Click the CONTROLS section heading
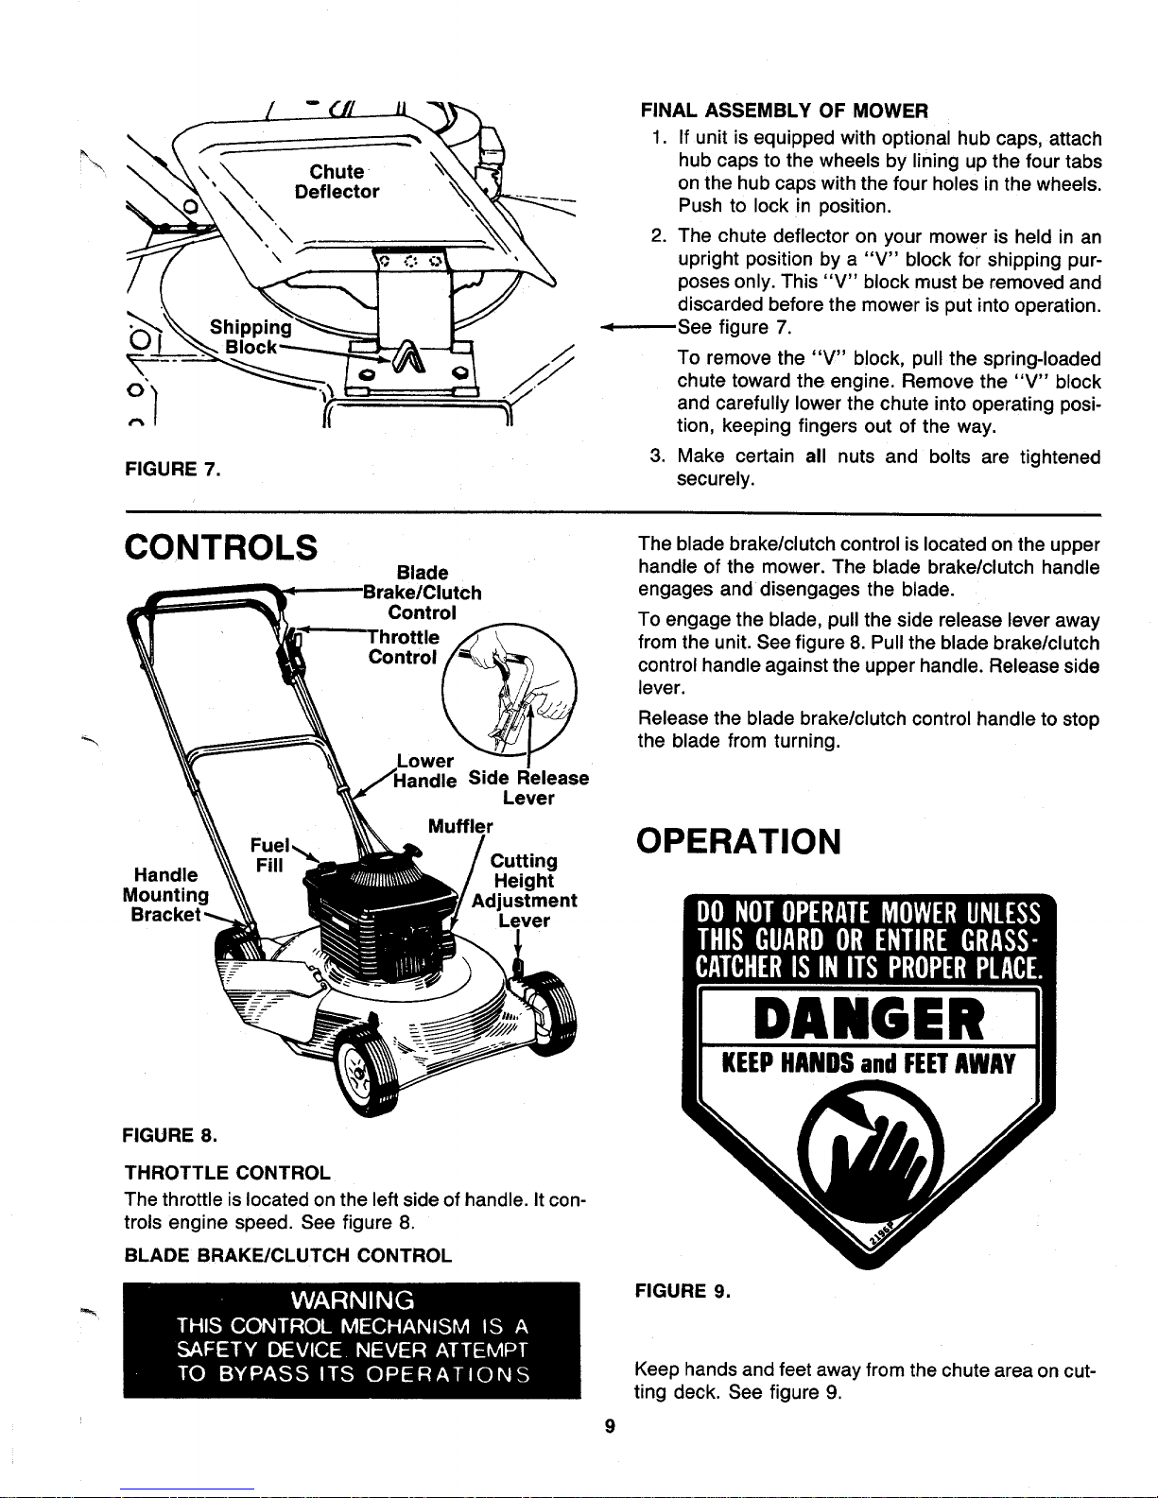pos(220,547)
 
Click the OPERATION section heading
pos(738,841)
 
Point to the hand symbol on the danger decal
pos(870,1152)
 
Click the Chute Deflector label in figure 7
pos(337,181)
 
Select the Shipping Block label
pos(251,336)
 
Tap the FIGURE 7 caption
pos(172,469)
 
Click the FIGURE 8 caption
pos(169,1135)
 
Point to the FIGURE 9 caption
pos(683,1290)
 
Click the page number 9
pos(610,1426)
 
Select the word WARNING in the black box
pos(353,1300)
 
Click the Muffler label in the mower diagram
pos(460,826)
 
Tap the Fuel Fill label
pos(269,854)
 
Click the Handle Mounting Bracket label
pos(165,894)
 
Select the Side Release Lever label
pos(528,787)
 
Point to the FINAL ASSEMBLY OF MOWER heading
pos(785,111)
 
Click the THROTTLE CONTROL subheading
pos(228,1173)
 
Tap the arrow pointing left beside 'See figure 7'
pos(638,327)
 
